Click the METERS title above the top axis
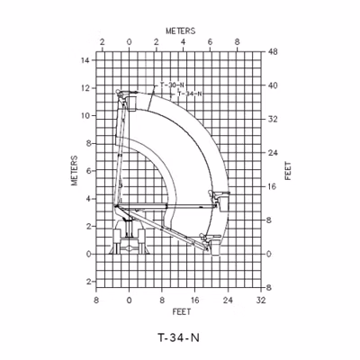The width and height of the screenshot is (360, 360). [x=181, y=31]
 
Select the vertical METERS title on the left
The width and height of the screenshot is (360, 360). [x=75, y=170]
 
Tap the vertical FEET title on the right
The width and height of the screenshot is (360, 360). [x=288, y=171]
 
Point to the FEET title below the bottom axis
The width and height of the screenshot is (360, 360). [x=182, y=312]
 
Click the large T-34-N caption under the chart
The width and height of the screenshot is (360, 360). [x=178, y=337]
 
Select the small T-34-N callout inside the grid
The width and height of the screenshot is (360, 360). [x=190, y=94]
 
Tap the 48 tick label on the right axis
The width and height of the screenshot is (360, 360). [x=273, y=52]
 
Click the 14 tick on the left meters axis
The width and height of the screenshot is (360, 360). [x=85, y=60]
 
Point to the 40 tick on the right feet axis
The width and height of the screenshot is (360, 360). [x=273, y=85]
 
